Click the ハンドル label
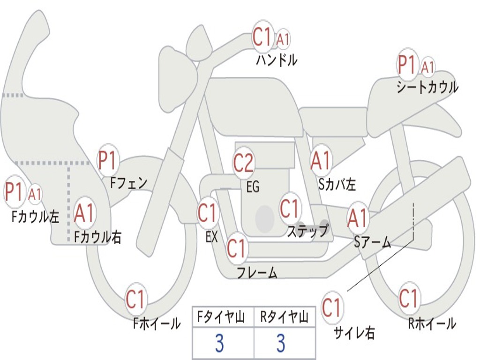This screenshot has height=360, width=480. [x=277, y=60]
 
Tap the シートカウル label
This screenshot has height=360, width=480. [x=427, y=87]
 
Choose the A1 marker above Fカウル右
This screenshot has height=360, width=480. [x=84, y=214]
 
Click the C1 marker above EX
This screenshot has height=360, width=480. [x=208, y=213]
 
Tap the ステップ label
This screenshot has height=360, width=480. [x=307, y=231]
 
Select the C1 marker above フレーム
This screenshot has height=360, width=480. [x=237, y=248]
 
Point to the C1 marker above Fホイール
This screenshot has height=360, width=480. [x=136, y=300]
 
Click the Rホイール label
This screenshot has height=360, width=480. [x=432, y=323]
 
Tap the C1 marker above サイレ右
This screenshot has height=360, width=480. [x=332, y=308]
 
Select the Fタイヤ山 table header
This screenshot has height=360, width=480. [x=223, y=318]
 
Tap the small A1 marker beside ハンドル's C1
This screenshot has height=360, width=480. [x=283, y=40]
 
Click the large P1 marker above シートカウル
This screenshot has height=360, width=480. [x=406, y=65]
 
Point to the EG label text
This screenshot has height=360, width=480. [x=253, y=187]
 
